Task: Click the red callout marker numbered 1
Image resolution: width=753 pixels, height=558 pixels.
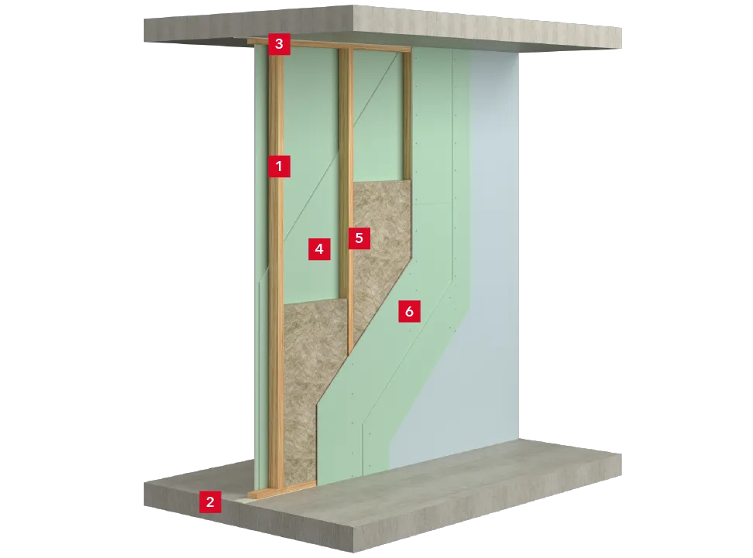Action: click(x=279, y=166)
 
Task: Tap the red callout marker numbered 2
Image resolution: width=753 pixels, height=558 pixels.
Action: click(x=210, y=502)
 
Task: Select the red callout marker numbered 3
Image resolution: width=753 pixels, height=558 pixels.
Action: click(x=279, y=44)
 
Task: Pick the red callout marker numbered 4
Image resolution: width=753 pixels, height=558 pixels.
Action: click(x=319, y=248)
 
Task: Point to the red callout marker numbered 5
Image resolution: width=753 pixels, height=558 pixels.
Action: click(x=359, y=238)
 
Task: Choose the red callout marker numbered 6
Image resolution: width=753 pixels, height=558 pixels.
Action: click(x=409, y=311)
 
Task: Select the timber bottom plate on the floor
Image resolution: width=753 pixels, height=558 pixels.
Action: click(x=282, y=491)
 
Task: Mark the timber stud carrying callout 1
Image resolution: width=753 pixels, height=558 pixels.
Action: click(x=276, y=269)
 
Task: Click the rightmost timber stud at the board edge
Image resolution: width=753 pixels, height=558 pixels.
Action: click(x=407, y=115)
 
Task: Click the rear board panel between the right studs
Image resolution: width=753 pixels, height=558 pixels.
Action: click(x=377, y=115)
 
